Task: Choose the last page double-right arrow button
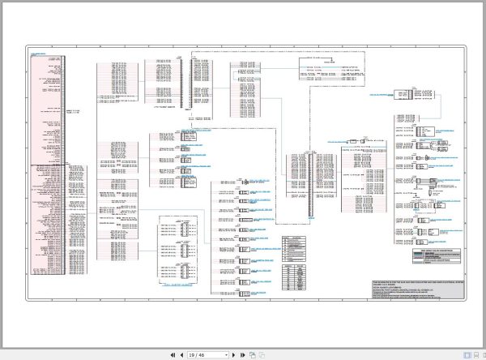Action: (242, 354)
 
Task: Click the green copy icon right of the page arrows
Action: (253, 354)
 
